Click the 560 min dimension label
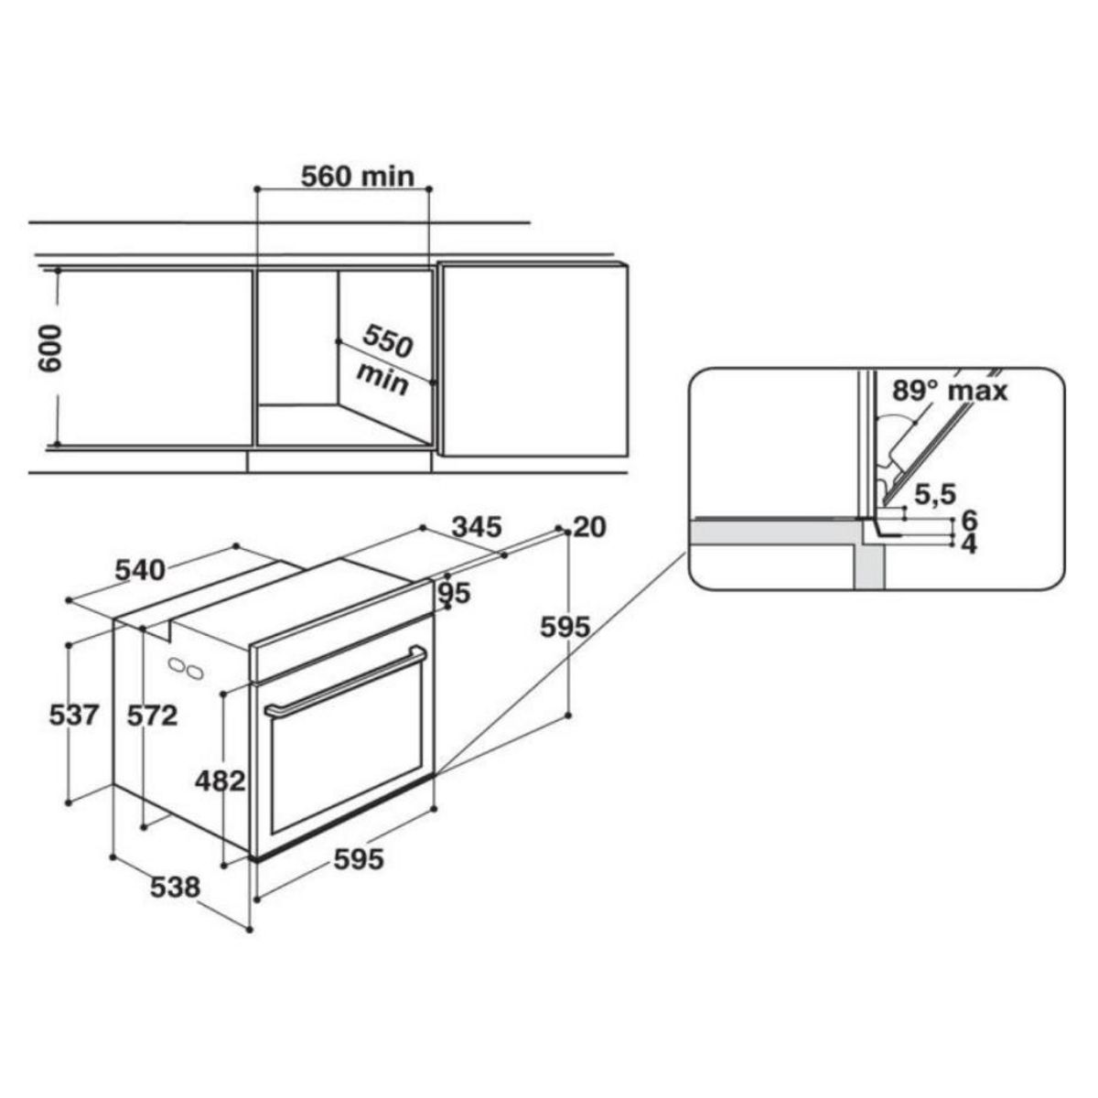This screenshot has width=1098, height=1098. pos(358,176)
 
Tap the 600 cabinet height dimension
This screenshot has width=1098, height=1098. pos(50,348)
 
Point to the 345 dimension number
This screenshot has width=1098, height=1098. pos(478,527)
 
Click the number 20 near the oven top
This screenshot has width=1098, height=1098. pos(590,527)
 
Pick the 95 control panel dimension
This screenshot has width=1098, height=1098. pos(453,593)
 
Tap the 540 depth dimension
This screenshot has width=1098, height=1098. pos(140,570)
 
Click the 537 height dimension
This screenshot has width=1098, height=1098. pos(73,714)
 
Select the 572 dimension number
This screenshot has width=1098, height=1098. pos(152,715)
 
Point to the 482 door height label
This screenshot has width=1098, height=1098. pos(221,780)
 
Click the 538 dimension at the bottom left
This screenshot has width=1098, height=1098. pos(175,887)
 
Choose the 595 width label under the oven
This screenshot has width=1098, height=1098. pos(358,859)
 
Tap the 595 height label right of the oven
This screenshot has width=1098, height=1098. pos(565,628)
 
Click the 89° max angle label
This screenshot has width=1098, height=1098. pos(950,391)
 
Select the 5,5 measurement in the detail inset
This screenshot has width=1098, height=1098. pos(934,494)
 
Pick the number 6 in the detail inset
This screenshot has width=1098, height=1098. pos(970,521)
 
